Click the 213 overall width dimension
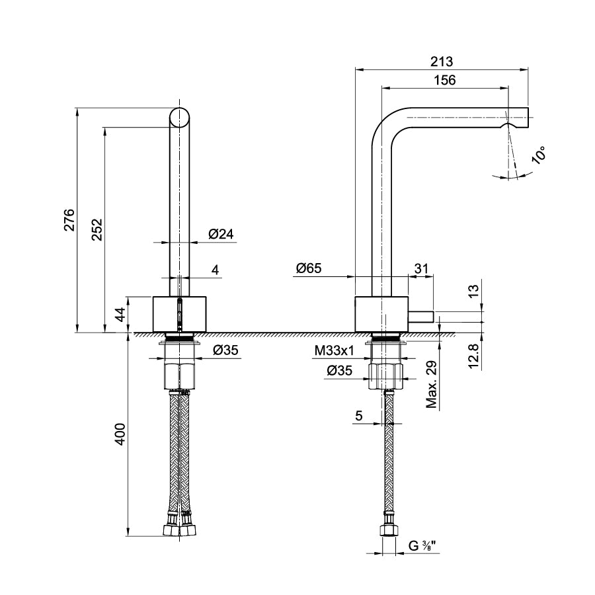442,61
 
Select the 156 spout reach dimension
445,80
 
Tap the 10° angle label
539,155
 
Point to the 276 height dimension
69,219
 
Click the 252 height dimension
97,229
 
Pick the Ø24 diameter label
221,234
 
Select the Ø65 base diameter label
309,268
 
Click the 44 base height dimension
120,315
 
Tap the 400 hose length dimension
120,434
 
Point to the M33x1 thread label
334,351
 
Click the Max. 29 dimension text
432,384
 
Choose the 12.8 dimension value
473,356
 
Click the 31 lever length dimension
421,268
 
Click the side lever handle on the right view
420,317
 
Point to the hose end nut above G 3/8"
388,530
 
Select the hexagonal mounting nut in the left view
179,376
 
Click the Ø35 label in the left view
225,350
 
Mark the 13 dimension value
473,291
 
